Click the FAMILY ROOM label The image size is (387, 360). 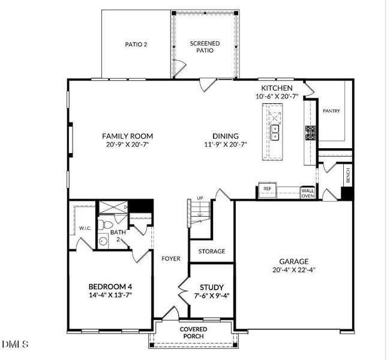pyautogui.click(x=127, y=136)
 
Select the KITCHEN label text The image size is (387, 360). pyautogui.click(x=277, y=88)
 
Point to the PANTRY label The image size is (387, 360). pyautogui.click(x=332, y=111)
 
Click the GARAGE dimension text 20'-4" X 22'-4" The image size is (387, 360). pyautogui.click(x=293, y=270)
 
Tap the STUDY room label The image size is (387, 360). pyautogui.click(x=212, y=287)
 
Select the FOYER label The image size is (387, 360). pyautogui.click(x=171, y=259)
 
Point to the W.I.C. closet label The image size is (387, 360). pyautogui.click(x=84, y=229)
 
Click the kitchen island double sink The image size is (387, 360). pyautogui.click(x=275, y=131)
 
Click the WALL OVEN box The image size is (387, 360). pyautogui.click(x=308, y=193)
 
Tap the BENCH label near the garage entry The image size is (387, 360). pyautogui.click(x=347, y=175)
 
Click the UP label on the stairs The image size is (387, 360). pyautogui.click(x=200, y=199)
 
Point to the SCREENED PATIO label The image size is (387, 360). pyautogui.click(x=205, y=47)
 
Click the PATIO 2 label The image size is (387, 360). pyautogui.click(x=136, y=44)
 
